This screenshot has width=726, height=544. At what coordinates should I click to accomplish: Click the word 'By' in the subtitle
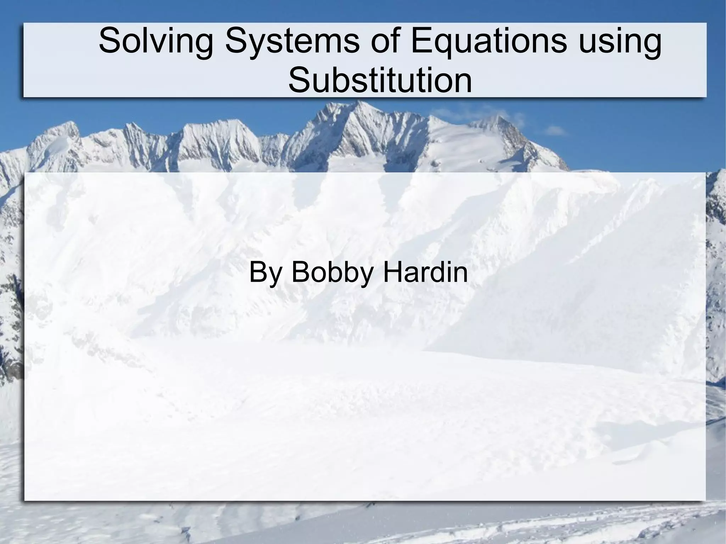tap(263, 273)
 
